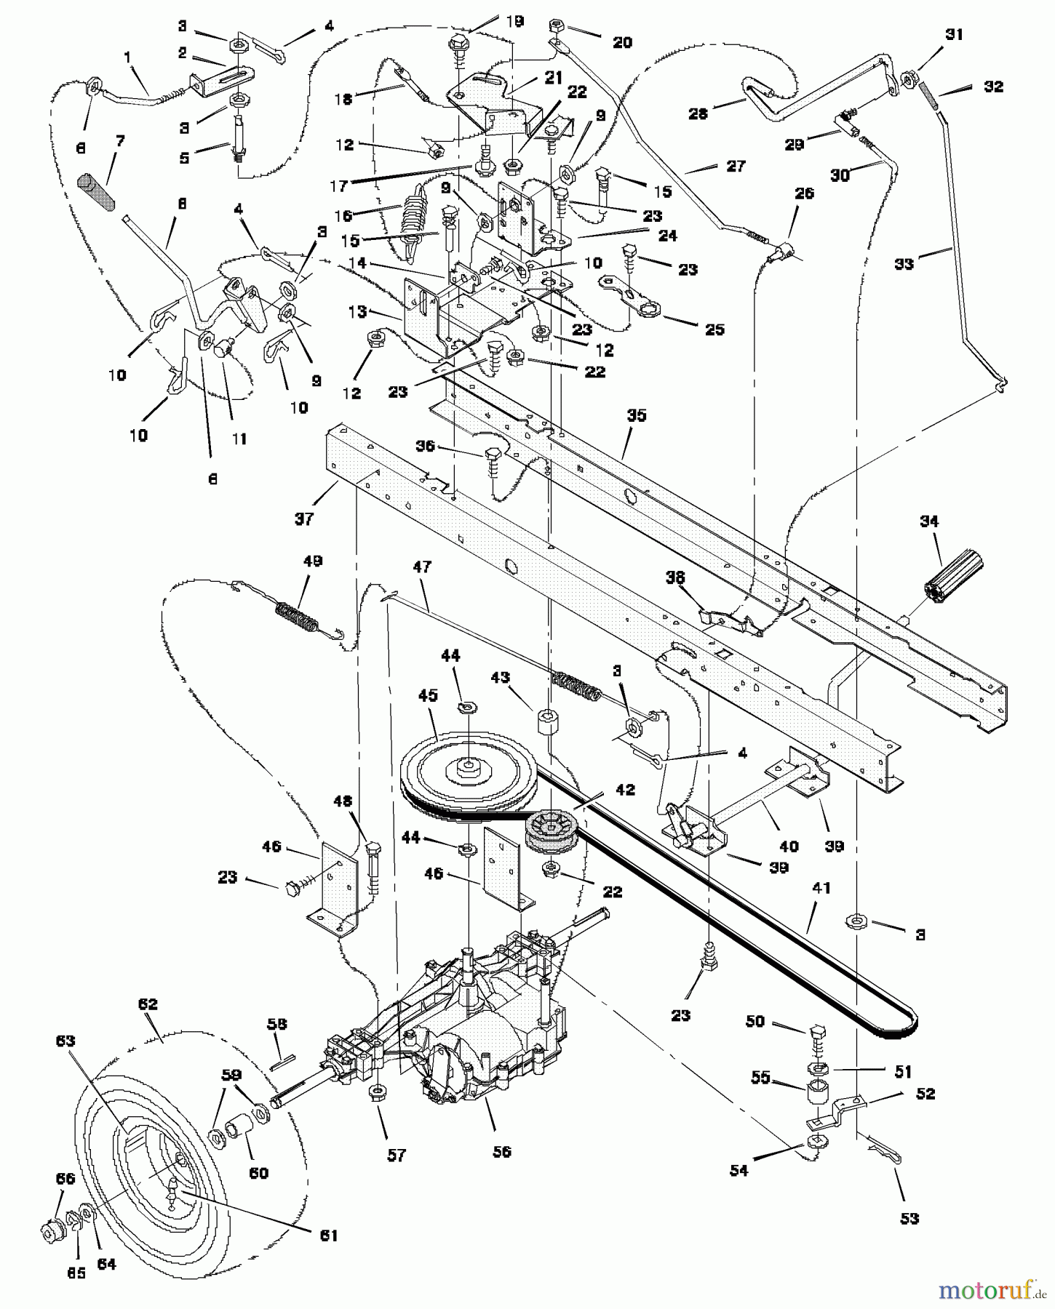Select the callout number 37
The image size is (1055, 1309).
pos(304,519)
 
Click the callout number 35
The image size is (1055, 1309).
pos(637,415)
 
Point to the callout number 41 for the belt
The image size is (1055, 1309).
pos(821,888)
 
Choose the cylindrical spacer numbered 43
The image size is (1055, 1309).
pos(548,723)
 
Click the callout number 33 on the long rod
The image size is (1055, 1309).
pos(904,264)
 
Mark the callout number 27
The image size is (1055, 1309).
pos(736,166)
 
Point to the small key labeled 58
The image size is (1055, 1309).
pos(281,1062)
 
